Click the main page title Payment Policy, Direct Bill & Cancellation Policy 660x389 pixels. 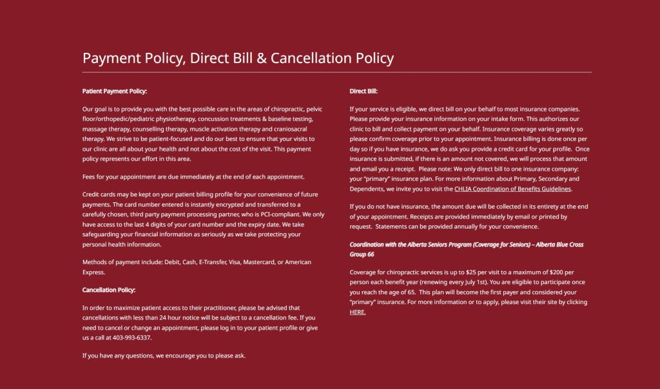coord(238,58)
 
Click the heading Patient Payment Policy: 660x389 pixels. coord(115,91)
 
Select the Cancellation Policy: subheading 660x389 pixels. coord(109,290)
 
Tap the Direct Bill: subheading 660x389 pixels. coord(364,91)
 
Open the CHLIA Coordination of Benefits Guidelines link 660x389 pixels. coord(512,189)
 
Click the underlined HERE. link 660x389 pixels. coord(358,312)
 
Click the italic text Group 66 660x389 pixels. coord(362,254)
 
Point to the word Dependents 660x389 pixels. coord(369,189)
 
